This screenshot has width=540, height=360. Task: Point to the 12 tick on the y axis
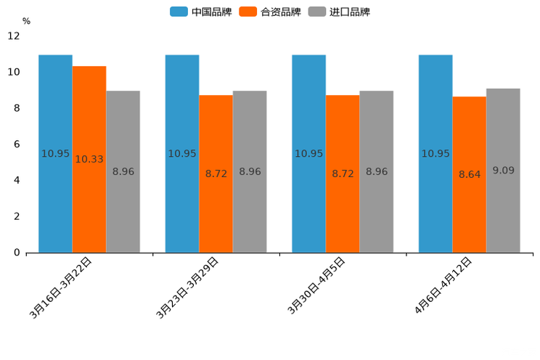pyautogui.click(x=14, y=36)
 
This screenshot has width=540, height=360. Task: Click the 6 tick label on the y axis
pyautogui.click(x=17, y=144)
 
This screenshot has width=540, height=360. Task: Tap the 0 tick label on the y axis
pyautogui.click(x=17, y=253)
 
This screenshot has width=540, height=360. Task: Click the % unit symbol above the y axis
pyautogui.click(x=26, y=21)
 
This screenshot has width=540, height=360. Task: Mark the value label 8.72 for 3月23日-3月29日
pyautogui.click(x=216, y=174)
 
